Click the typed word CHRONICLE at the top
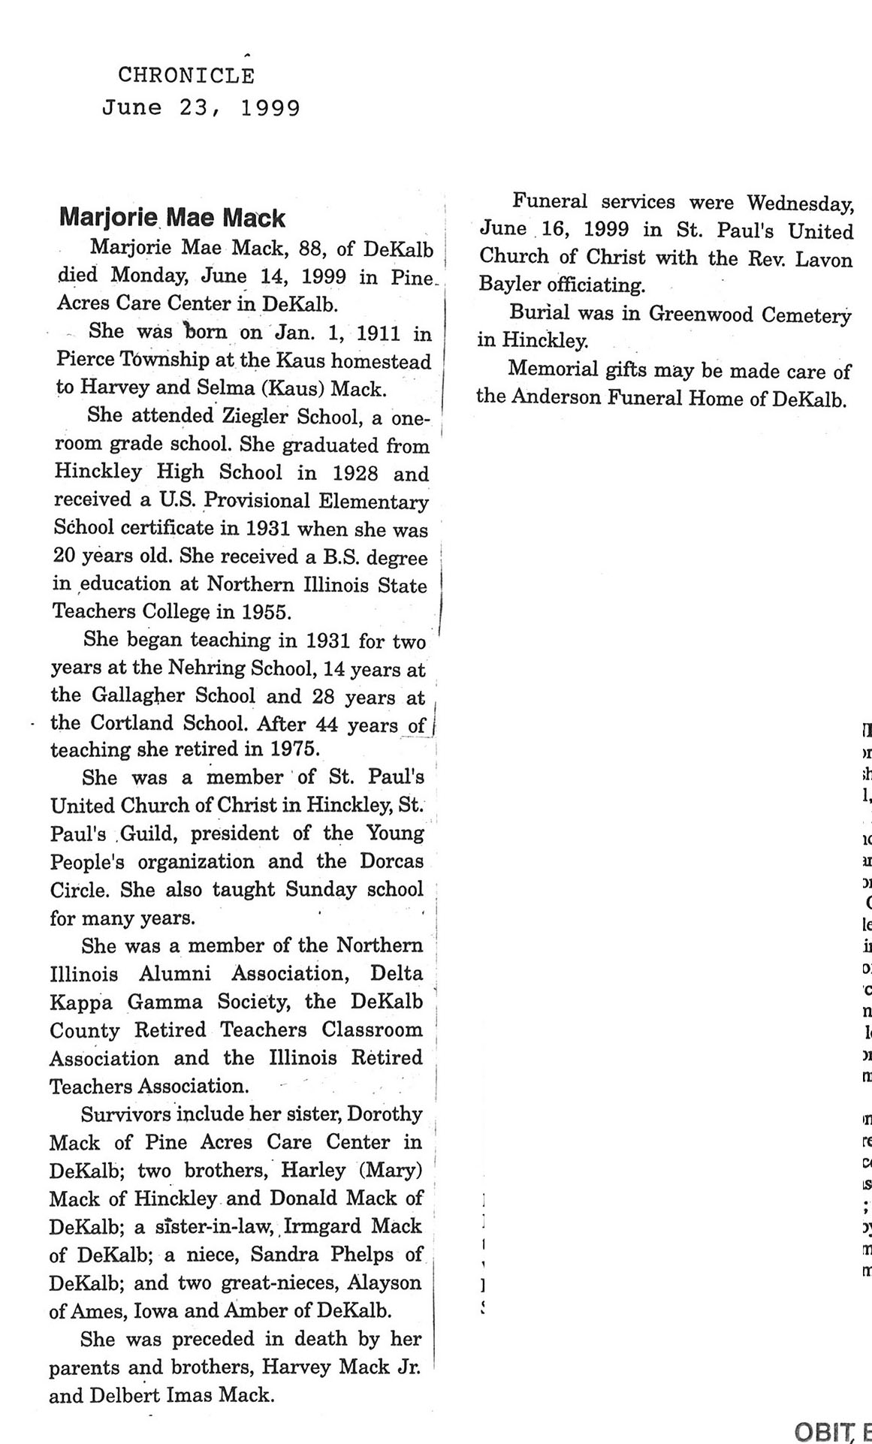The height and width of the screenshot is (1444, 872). [186, 75]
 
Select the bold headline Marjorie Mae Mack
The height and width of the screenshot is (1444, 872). [172, 218]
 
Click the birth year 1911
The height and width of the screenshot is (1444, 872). [379, 332]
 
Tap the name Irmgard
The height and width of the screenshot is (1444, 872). [325, 1226]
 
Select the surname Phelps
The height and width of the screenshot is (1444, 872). [360, 1255]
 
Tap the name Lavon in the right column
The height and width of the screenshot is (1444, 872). [824, 260]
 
